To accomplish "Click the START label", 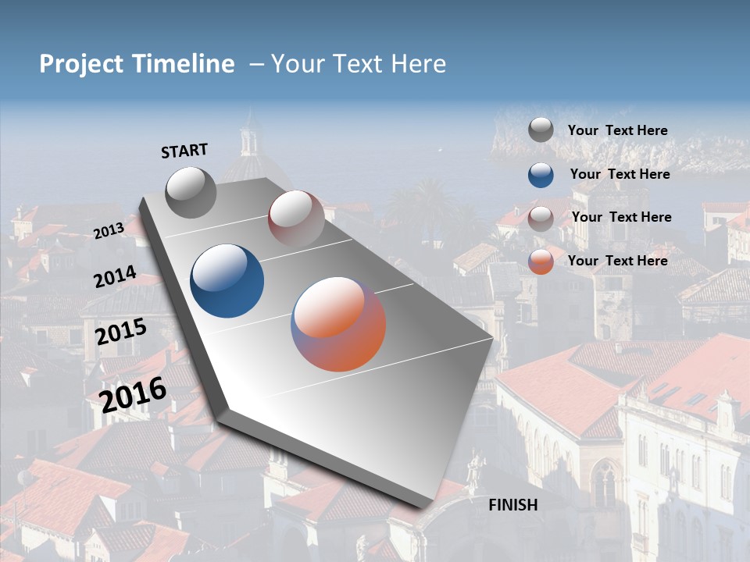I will coord(184,150).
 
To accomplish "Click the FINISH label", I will coord(513,505).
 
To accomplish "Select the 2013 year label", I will coord(109,230).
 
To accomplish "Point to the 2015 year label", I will coord(120,332).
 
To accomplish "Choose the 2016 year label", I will coord(133,394).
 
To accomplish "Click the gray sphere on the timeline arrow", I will coord(191,192).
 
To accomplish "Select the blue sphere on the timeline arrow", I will coord(227,281).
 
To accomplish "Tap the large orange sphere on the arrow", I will coord(338,324).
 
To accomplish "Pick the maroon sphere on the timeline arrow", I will coord(296,219).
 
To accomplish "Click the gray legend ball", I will coord(541,130).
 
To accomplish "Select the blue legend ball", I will coord(541,174).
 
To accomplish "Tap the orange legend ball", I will coord(541,261).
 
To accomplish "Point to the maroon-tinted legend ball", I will coord(541,218).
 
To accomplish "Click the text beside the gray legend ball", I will coord(617,130).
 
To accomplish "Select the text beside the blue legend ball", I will coord(620,174).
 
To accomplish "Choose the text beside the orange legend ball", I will coord(617,261).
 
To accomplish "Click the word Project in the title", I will coord(82,64).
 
